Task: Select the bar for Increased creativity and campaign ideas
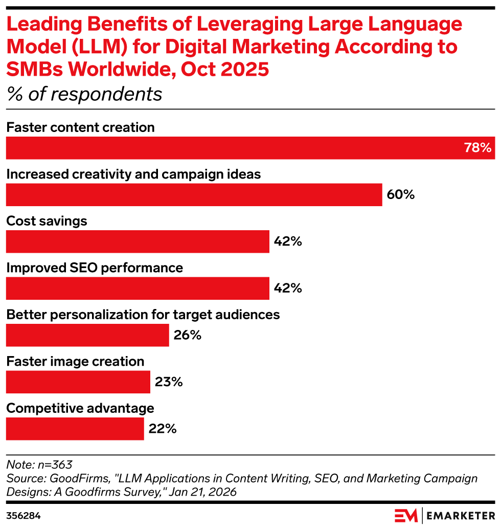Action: (194, 195)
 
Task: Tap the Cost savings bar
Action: (138, 241)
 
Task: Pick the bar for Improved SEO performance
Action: (138, 289)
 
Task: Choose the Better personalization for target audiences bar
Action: (87, 335)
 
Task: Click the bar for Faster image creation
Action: (78, 382)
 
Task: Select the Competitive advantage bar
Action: (75, 429)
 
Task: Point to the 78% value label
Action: (477, 148)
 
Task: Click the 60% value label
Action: (400, 195)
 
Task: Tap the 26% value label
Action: (188, 336)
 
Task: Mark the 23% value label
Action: (169, 382)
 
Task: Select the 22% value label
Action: (163, 429)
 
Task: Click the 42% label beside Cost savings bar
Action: (288, 241)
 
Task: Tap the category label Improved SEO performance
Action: (95, 268)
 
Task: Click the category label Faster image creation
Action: (75, 361)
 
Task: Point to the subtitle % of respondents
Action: (84, 94)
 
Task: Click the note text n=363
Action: (39, 465)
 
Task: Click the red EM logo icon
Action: (406, 515)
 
